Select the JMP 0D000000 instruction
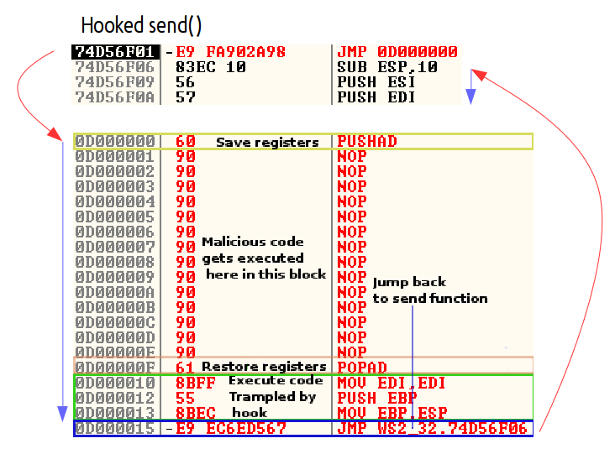point(397,52)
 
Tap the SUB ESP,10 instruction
point(387,67)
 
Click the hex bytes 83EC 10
point(211,67)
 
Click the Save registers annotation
point(267,143)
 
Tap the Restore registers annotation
point(264,367)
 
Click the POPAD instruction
point(361,367)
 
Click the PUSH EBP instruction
point(376,398)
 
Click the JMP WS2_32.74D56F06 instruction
point(432,428)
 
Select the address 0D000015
point(115,428)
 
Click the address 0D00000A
point(115,292)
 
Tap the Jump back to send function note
point(430,290)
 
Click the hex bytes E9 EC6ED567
point(231,428)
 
